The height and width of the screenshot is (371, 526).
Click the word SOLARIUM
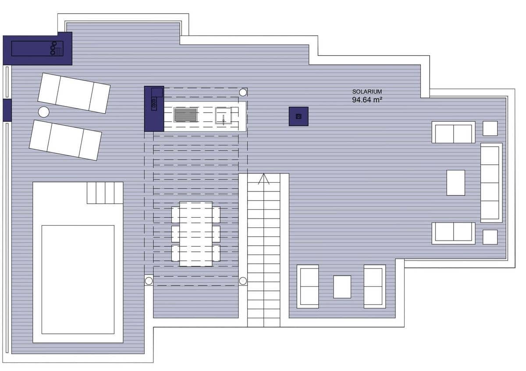click(x=367, y=92)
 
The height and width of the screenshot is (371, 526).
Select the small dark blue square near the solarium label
click(x=299, y=116)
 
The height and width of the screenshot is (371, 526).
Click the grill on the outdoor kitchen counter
click(x=186, y=115)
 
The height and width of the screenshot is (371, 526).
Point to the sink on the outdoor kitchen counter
click(x=223, y=116)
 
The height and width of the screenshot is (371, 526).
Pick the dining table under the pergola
click(x=196, y=234)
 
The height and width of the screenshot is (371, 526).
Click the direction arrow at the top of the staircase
click(x=263, y=179)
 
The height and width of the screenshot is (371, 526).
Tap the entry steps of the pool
click(x=104, y=193)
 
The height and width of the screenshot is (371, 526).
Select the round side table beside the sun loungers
click(x=43, y=112)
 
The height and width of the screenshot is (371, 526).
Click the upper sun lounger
click(x=74, y=93)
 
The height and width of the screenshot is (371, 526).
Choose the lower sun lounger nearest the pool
click(x=65, y=140)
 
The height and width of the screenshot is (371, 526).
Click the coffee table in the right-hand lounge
click(x=455, y=183)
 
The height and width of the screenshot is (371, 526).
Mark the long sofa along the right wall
click(x=490, y=183)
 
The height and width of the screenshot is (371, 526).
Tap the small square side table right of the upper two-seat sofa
click(x=490, y=128)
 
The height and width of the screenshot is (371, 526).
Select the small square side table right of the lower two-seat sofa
click(x=490, y=237)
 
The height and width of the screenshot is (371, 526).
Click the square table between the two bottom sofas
click(x=342, y=287)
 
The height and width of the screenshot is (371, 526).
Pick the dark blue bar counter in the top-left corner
click(x=37, y=48)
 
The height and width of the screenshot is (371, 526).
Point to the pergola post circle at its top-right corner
click(x=243, y=92)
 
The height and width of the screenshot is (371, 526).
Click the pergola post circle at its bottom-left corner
click(x=149, y=281)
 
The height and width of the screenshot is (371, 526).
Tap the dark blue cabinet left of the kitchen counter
click(x=153, y=109)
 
